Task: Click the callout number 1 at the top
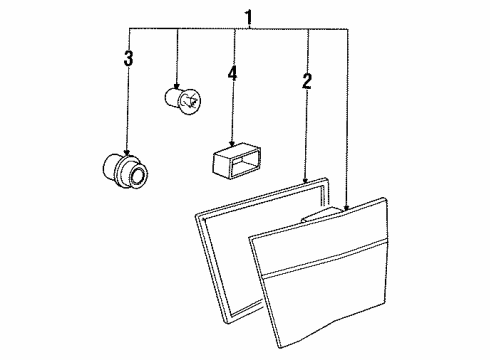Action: click(x=248, y=18)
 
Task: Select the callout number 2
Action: click(x=307, y=81)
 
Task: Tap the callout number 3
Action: click(x=128, y=58)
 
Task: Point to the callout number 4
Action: click(x=232, y=73)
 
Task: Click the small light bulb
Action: click(x=183, y=100)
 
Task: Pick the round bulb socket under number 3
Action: click(x=125, y=170)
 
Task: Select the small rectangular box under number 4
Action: click(x=236, y=159)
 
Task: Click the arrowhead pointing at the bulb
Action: click(x=177, y=86)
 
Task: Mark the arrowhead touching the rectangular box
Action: click(x=232, y=143)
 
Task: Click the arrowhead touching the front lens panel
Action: click(x=346, y=207)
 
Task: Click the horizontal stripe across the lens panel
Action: click(x=325, y=257)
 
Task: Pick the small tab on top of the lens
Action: click(x=323, y=215)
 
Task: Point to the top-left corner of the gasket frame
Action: click(x=196, y=216)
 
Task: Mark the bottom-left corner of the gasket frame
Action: click(x=227, y=323)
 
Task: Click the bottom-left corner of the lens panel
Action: click(x=280, y=348)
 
